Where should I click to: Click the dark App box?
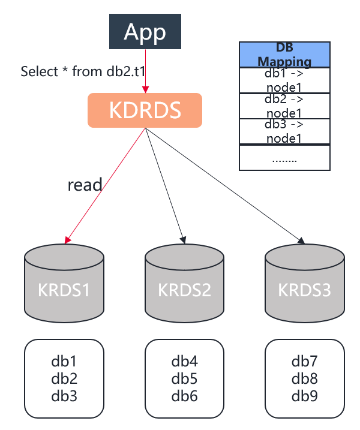(145, 32)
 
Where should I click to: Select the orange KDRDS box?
(145, 110)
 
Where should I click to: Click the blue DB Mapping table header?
(284, 55)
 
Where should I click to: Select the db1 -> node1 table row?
(284, 80)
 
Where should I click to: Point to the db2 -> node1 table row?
(284, 106)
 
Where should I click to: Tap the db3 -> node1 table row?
(284, 131)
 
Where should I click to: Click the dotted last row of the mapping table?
(284, 158)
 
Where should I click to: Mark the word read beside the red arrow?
(85, 184)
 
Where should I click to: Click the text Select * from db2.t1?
(83, 71)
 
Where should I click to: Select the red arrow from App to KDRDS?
(145, 72)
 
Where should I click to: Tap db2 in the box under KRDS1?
(64, 378)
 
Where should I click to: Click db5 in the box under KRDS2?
(184, 378)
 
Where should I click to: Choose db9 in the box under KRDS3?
(304, 396)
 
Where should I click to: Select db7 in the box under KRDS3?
(304, 362)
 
